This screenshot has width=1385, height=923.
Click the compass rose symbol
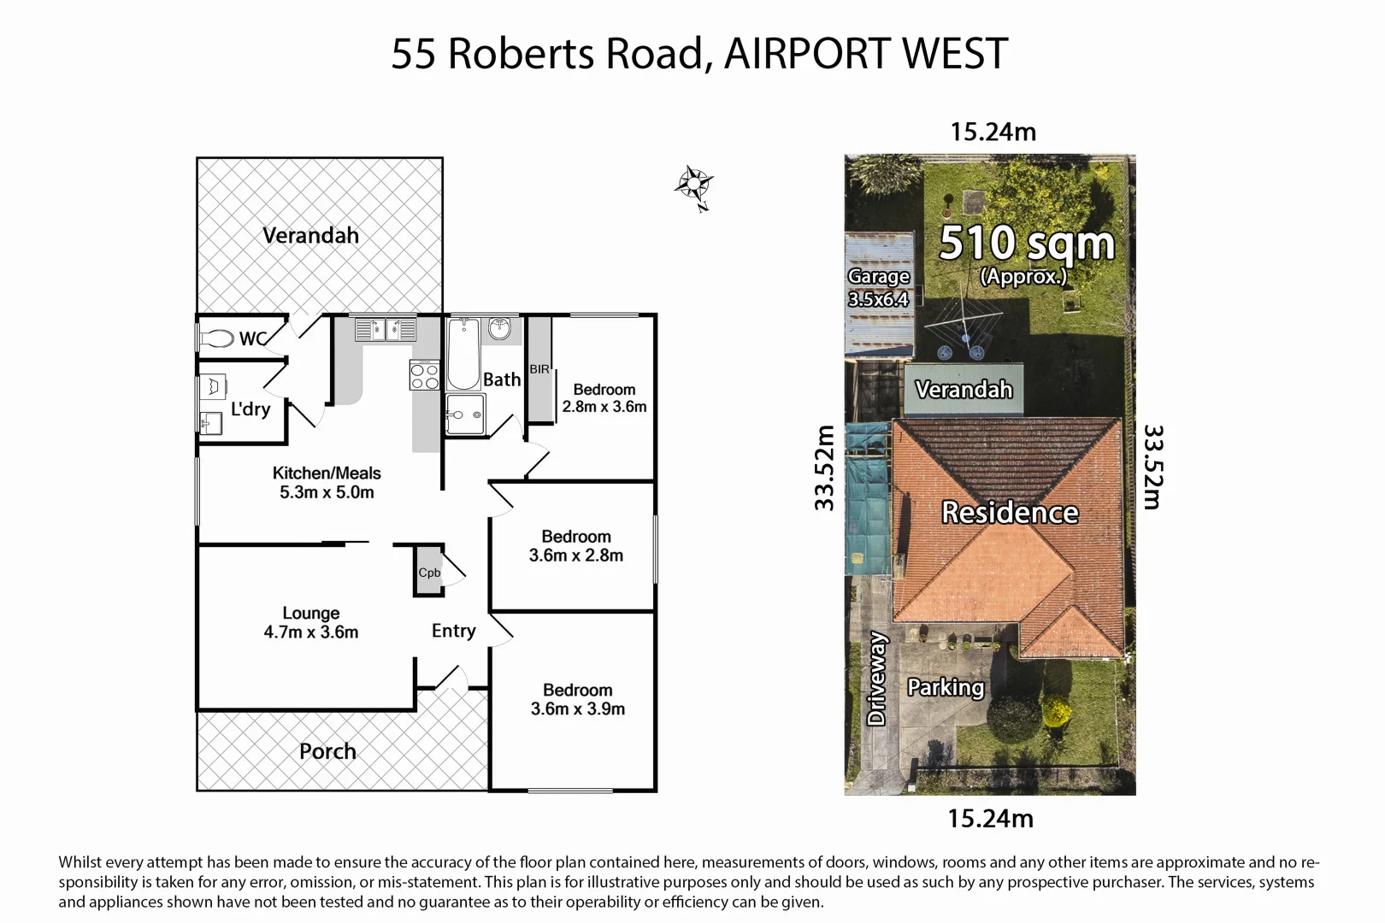693,185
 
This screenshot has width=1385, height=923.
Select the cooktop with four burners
425,375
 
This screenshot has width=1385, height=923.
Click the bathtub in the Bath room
463,355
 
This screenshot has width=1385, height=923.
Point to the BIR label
539,369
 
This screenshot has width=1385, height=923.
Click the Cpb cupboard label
429,573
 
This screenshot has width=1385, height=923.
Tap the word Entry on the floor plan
453,631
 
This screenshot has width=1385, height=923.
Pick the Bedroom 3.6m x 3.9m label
577,699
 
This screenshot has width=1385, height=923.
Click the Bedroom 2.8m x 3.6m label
604,398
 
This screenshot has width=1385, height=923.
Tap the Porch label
327,751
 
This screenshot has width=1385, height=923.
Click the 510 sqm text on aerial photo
1026,244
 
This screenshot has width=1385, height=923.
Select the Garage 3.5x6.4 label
878,288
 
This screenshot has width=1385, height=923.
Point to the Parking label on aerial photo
945,687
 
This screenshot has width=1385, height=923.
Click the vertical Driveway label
876,679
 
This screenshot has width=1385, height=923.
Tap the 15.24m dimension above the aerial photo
993,132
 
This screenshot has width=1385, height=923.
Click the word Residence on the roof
1010,512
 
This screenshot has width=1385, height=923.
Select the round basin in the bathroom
499,329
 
